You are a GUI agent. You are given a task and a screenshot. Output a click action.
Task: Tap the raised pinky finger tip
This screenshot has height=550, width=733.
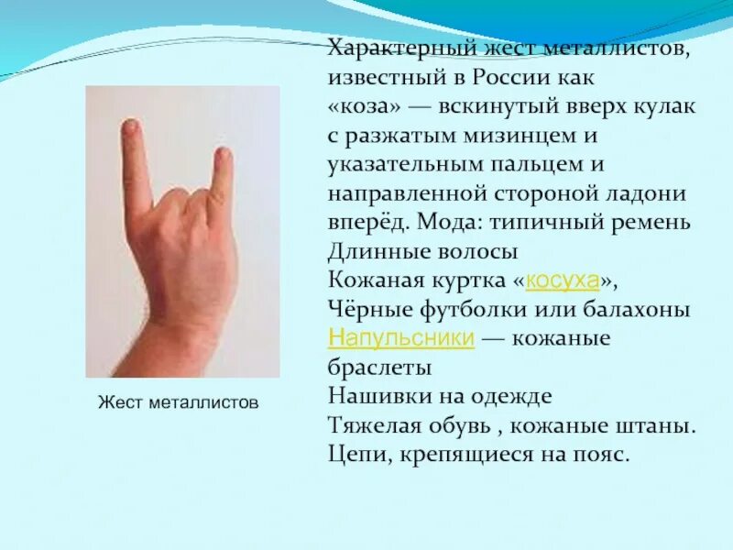point(223,156)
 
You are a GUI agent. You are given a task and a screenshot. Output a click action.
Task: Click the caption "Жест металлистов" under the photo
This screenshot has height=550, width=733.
point(178,401)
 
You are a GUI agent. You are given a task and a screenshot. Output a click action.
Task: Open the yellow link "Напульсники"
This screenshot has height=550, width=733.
point(400,338)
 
